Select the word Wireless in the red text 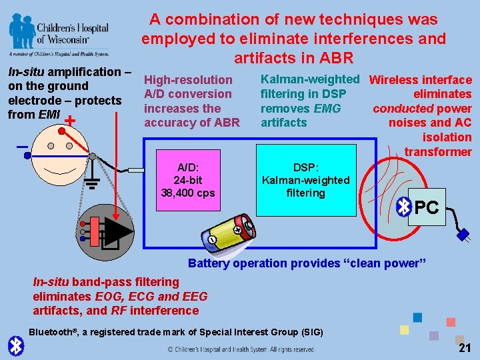(x=395, y=80)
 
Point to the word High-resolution (x=188, y=80)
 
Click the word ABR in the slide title (x=334, y=57)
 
